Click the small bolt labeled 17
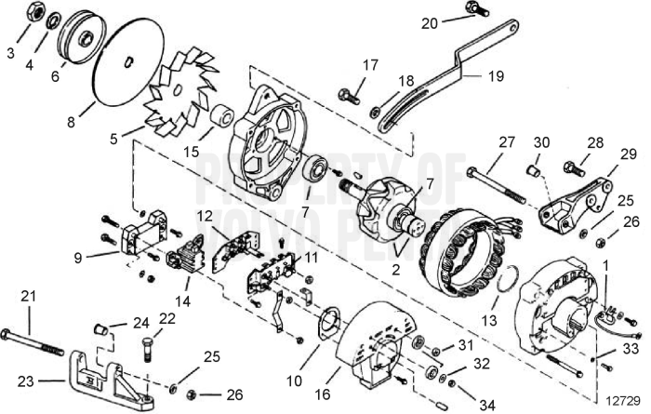(349, 93)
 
